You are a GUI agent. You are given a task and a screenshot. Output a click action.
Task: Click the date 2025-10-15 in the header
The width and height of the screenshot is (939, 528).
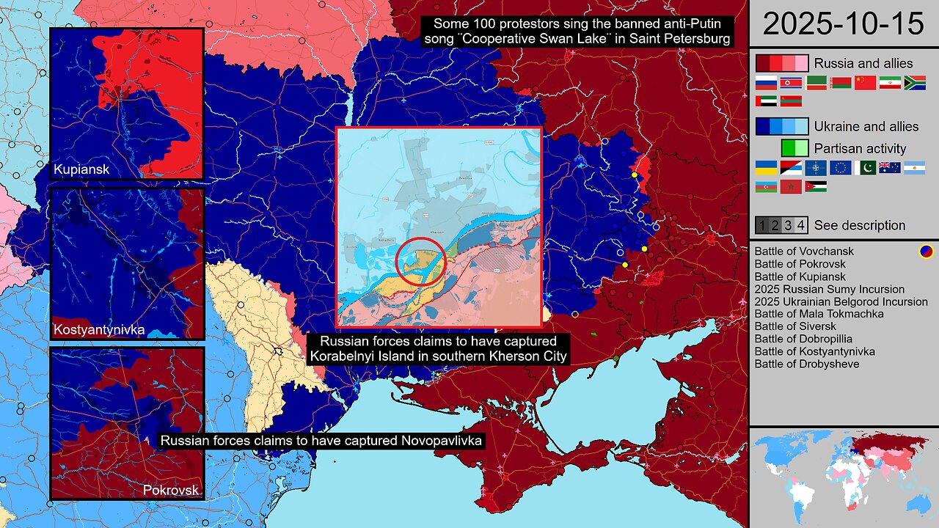click(843, 24)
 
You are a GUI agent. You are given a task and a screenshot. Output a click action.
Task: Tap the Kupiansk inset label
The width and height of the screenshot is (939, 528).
click(81, 170)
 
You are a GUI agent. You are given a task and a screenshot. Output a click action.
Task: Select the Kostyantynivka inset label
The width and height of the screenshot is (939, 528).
click(98, 330)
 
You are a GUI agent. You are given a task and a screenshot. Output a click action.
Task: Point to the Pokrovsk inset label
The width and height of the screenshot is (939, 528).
click(171, 490)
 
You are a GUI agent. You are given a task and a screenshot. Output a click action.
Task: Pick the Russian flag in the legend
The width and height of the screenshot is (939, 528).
click(766, 83)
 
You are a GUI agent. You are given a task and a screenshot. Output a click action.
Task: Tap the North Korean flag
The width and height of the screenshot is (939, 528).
click(791, 83)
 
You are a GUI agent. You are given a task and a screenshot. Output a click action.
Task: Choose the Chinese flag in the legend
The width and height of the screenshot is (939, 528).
click(866, 83)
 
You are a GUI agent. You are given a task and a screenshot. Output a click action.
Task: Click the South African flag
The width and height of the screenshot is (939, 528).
click(915, 83)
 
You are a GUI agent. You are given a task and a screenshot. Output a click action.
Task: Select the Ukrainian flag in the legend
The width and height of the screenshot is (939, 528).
click(766, 168)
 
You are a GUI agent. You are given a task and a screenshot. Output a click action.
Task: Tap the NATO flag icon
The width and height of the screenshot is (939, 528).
click(816, 168)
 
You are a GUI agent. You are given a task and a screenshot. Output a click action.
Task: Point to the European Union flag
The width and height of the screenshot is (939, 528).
click(841, 168)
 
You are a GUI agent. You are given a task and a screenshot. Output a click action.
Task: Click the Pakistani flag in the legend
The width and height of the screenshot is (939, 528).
click(866, 168)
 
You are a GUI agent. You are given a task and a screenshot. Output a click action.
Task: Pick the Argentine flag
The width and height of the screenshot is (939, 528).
click(915, 168)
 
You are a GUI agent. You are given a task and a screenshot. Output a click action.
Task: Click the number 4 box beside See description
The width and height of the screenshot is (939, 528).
click(801, 225)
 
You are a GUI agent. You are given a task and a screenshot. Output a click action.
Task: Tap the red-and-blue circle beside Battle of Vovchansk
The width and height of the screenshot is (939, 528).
click(927, 252)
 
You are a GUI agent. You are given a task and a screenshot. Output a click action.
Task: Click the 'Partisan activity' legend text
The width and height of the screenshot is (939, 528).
click(860, 148)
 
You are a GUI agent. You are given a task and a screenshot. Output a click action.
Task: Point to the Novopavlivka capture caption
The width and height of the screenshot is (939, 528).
click(321, 441)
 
